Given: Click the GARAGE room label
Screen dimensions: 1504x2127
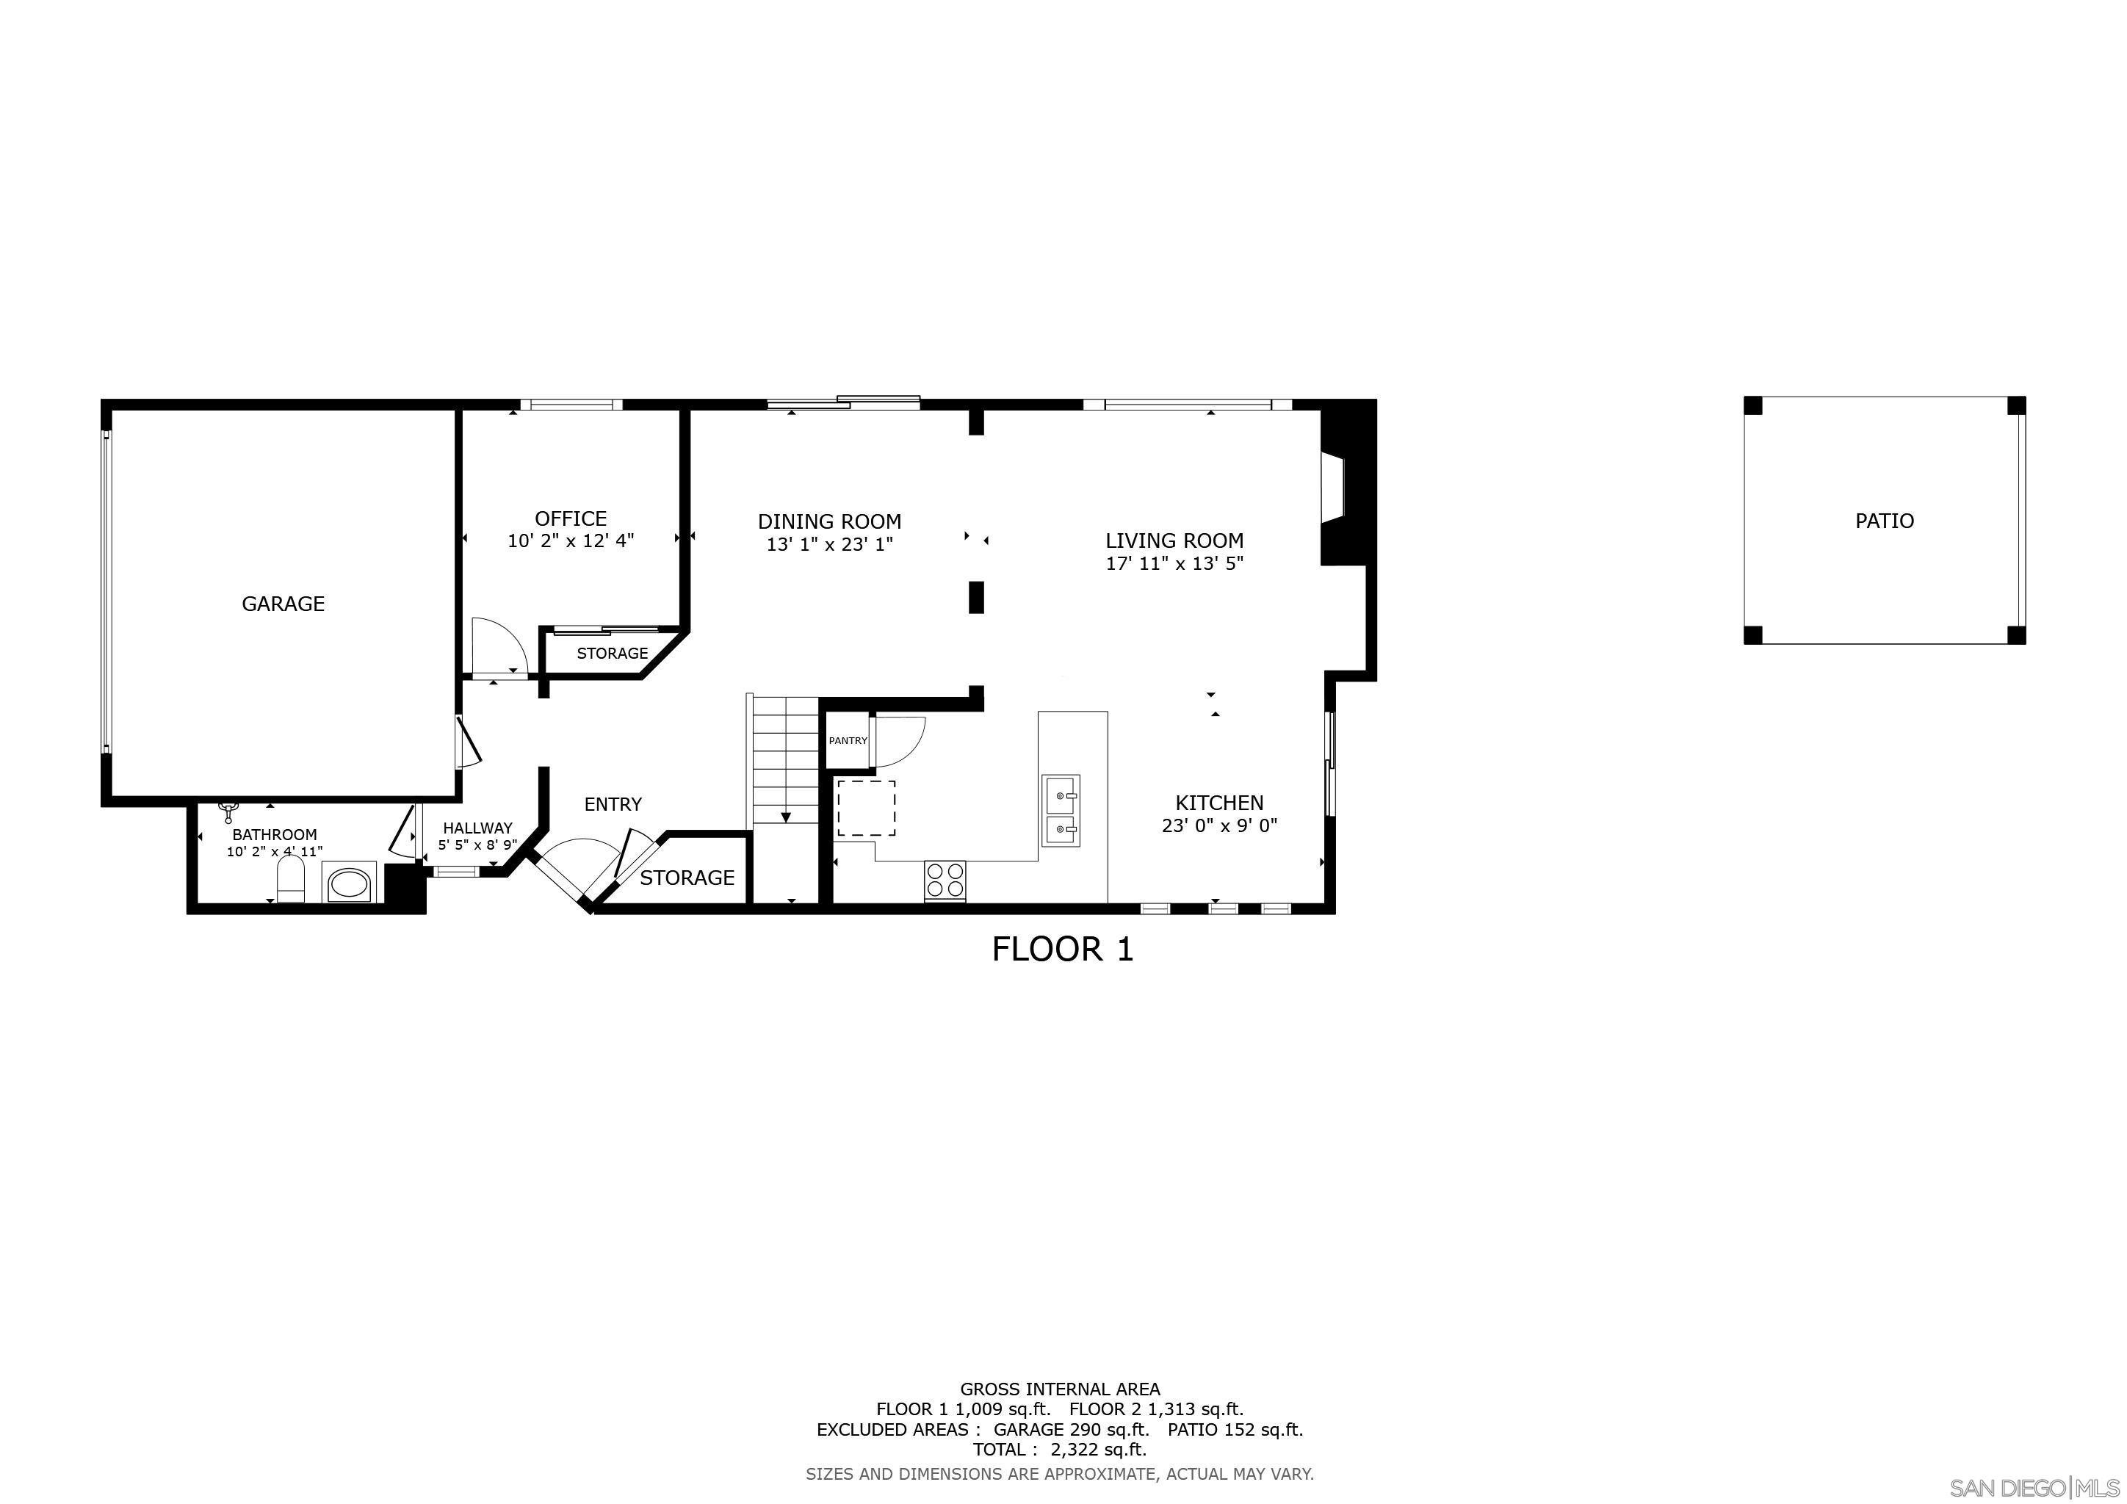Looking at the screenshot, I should coord(283,604).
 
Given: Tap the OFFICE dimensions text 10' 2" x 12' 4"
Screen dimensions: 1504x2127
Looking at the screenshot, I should coord(571,540).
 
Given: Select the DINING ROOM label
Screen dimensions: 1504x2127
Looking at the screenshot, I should coord(829,521).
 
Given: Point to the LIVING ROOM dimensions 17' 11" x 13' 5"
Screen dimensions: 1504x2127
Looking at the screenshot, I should coord(1174,563).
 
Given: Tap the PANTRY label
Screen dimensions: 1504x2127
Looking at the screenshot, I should coord(848,741).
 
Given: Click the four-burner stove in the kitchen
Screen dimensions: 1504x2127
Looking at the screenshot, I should coord(945,879).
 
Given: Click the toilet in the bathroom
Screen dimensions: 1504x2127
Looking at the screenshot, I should coord(291,879).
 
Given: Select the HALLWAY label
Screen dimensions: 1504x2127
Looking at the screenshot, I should coord(477,828).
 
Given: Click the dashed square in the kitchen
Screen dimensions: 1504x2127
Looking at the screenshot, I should coord(866,809).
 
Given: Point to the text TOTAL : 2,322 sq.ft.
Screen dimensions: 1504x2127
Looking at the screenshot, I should coord(1059,1450).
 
